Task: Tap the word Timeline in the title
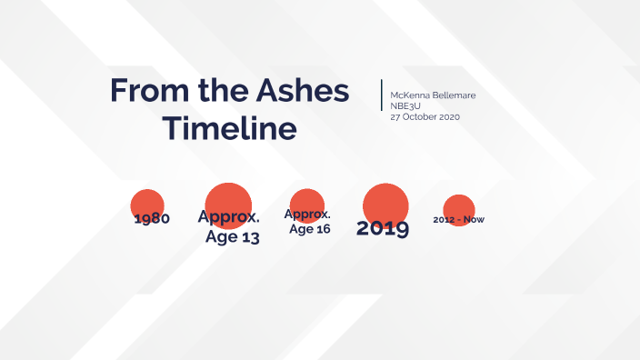[x=229, y=128]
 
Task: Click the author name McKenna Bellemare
[x=433, y=95]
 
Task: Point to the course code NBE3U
[x=405, y=106]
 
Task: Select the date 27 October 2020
[x=425, y=117]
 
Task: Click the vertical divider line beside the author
[x=382, y=95]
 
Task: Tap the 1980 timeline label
[x=152, y=219]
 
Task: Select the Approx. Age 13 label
[x=229, y=227]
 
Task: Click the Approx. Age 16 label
[x=308, y=221]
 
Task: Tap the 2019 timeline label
[x=382, y=228]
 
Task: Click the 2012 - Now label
[x=459, y=220]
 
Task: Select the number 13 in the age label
[x=249, y=238]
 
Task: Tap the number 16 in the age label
[x=320, y=229]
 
